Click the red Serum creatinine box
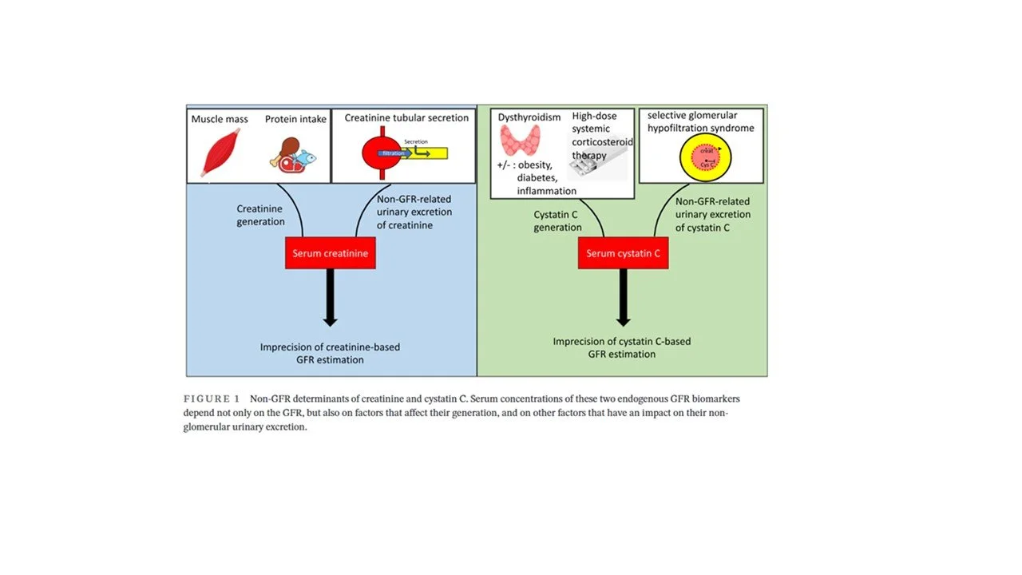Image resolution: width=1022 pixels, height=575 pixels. click(330, 253)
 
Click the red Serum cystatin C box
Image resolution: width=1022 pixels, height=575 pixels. click(623, 253)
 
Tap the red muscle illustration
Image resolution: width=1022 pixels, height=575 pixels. click(216, 154)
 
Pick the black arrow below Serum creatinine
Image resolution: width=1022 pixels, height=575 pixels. click(330, 298)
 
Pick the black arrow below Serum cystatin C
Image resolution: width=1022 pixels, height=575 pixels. click(623, 298)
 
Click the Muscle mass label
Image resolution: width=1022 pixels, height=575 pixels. click(220, 119)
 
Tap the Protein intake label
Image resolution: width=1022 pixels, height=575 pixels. click(295, 119)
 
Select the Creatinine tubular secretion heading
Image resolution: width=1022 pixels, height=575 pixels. click(406, 118)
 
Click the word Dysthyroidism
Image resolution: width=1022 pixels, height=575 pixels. click(529, 117)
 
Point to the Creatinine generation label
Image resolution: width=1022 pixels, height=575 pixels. click(260, 216)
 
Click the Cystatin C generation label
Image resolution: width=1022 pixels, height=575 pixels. click(557, 221)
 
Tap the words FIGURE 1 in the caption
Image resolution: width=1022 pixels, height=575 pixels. click(212, 399)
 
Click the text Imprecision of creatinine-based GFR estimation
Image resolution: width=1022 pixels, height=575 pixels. click(330, 353)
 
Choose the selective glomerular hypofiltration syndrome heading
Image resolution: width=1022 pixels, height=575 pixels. click(700, 122)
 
